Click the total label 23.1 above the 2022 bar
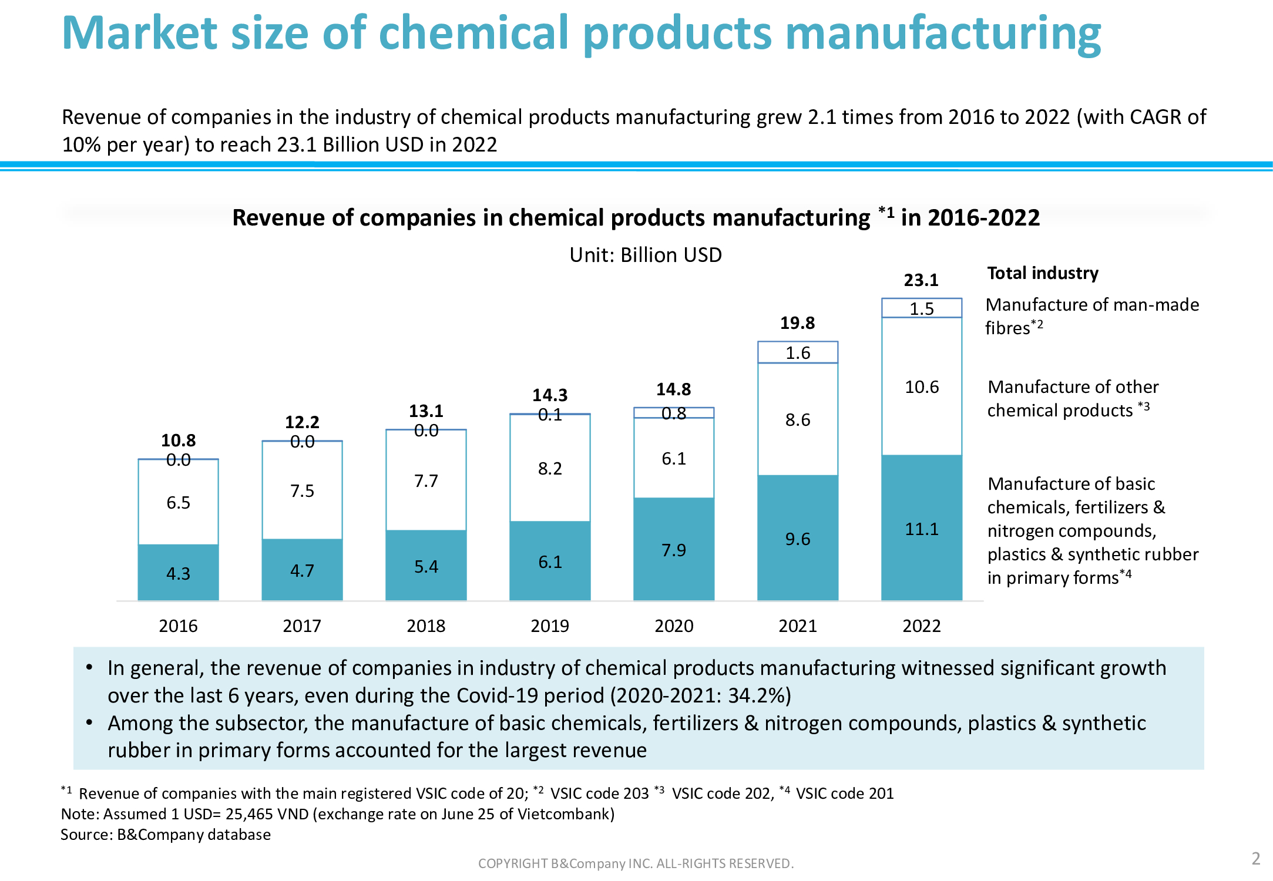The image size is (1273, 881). point(921,280)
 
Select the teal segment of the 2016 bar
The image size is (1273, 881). point(178,572)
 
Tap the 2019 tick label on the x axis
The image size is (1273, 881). point(550,626)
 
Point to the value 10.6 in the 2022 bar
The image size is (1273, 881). point(921,387)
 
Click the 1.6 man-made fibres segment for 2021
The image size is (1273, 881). point(798,352)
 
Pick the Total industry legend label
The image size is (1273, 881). point(1043,273)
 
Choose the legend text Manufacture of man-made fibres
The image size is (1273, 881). point(1091,316)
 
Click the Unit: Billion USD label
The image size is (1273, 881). point(645,255)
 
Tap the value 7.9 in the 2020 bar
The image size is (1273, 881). point(673,550)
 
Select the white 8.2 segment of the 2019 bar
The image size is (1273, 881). point(550,469)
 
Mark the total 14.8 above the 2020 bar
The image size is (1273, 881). point(673,389)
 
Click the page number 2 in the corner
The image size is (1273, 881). point(1255,859)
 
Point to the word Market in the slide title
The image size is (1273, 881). point(139,33)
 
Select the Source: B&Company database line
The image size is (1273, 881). point(166,835)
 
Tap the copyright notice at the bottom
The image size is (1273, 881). point(636,863)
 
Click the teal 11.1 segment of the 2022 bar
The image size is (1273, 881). point(921,529)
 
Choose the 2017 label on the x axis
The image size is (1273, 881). point(302,626)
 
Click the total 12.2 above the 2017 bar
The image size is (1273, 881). point(302,422)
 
